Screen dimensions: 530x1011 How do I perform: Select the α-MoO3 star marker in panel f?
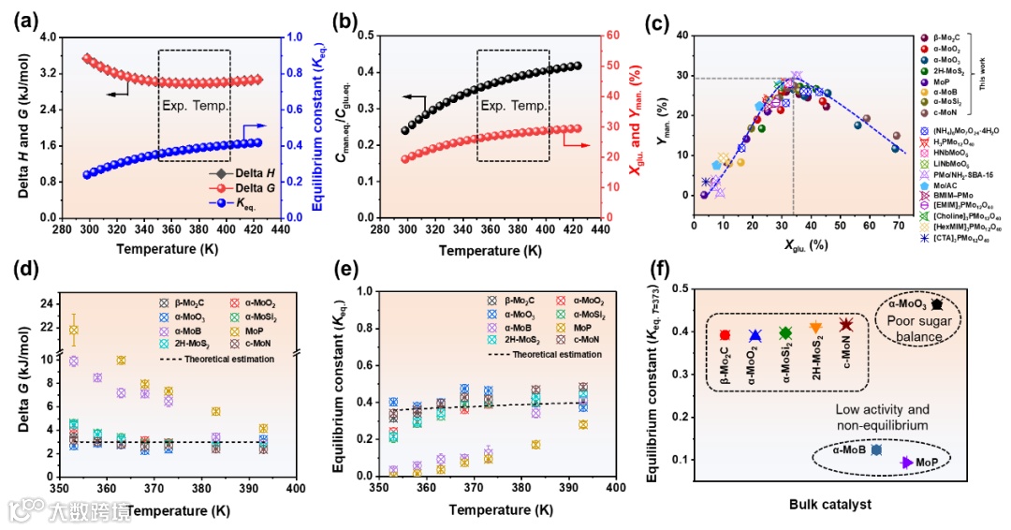pyautogui.click(x=936, y=304)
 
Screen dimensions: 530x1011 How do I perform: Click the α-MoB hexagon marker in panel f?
pyautogui.click(x=876, y=450)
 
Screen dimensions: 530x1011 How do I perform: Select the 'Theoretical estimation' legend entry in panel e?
pyautogui.click(x=559, y=355)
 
